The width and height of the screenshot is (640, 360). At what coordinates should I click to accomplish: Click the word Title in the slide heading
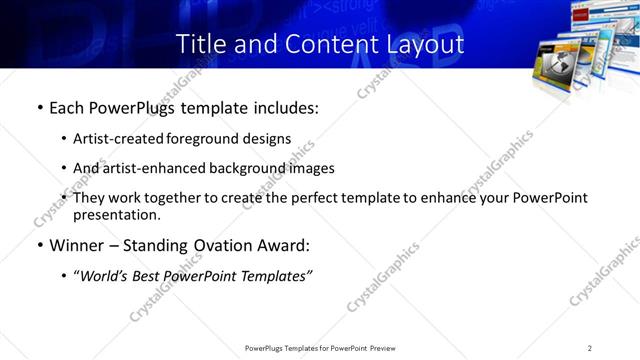pyautogui.click(x=200, y=44)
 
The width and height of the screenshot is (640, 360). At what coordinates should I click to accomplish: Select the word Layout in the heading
pyautogui.click(x=426, y=44)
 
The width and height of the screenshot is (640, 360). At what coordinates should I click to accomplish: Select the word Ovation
pyautogui.click(x=219, y=244)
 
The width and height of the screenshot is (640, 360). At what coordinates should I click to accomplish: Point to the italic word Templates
pyautogui.click(x=277, y=277)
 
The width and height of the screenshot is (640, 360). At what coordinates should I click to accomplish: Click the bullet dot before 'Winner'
pyautogui.click(x=38, y=244)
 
